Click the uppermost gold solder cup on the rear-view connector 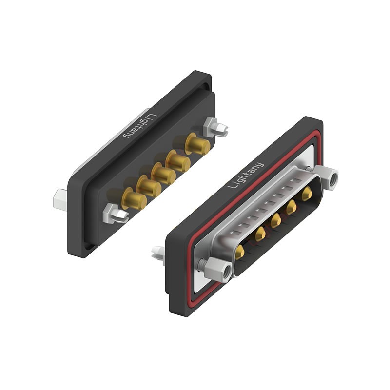pos(198,144)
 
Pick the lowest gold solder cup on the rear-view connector pos(133,199)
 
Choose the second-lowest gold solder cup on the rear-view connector pos(148,187)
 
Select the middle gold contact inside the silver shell pos(275,220)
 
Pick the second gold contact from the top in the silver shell pos(292,208)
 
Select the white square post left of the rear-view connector pos(60,197)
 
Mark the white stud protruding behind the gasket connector pos(158,253)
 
